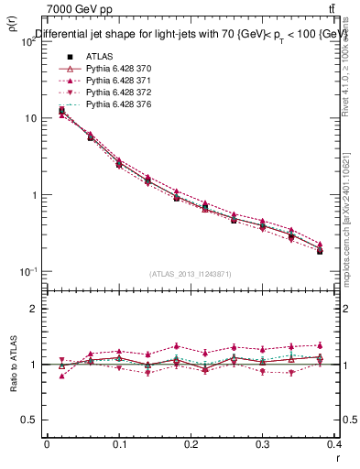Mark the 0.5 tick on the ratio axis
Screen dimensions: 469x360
[x=31, y=420]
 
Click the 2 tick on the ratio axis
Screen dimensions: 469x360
[x=36, y=309]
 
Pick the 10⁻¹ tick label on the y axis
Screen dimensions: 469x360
[x=28, y=272]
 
